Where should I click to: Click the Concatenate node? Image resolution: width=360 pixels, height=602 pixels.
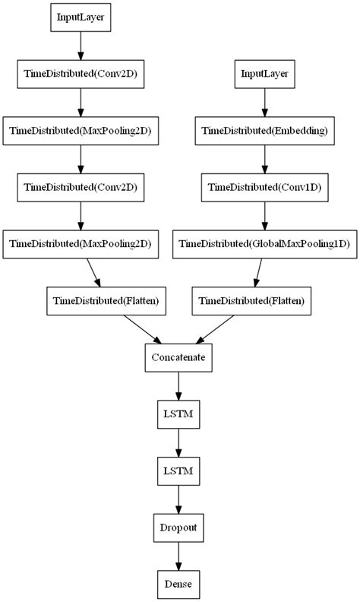[x=178, y=356]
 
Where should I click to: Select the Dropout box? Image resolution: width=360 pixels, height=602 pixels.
[x=178, y=527]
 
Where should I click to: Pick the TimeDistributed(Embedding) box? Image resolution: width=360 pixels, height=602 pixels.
[x=264, y=130]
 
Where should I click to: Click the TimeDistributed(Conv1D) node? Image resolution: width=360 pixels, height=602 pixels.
[x=264, y=187]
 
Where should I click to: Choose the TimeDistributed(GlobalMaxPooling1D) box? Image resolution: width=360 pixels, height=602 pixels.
[x=264, y=244]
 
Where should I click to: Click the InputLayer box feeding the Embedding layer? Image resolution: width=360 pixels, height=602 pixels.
[x=264, y=74]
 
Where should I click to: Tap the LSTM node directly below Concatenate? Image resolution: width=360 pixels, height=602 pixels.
[x=178, y=413]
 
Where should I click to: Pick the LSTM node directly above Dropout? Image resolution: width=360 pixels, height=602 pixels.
[x=178, y=471]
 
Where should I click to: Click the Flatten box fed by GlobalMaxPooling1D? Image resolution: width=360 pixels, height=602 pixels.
[x=251, y=301]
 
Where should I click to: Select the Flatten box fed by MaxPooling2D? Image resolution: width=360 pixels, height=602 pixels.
[x=106, y=301]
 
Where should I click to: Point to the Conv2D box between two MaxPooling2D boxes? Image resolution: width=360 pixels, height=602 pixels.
[x=81, y=187]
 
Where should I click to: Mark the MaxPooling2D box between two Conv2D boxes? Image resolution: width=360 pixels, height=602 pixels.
[x=81, y=130]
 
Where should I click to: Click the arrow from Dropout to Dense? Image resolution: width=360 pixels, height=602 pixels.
[x=178, y=556]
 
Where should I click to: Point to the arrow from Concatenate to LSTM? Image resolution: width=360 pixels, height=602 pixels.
[x=178, y=385]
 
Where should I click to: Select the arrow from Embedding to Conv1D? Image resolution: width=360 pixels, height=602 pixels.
[x=264, y=159]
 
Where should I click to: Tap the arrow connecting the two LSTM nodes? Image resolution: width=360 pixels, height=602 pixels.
[x=178, y=442]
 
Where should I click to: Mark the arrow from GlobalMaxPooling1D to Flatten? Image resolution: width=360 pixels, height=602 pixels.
[x=258, y=272]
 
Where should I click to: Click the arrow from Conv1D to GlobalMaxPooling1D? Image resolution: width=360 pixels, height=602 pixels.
[x=264, y=216]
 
